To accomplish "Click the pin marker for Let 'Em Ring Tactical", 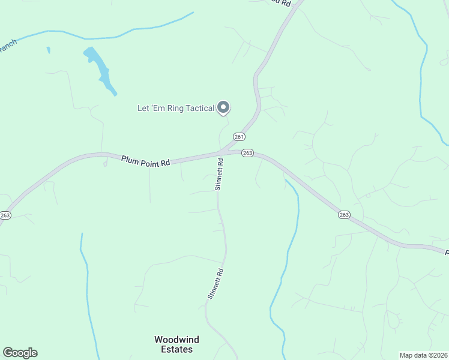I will [223, 107].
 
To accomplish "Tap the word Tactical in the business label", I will [198, 108].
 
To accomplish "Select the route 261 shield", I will [240, 137].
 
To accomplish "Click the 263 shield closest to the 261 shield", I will [247, 154].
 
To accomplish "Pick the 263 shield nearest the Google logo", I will [5, 215].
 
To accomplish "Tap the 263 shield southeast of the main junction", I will [344, 215].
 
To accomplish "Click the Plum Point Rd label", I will [146, 161].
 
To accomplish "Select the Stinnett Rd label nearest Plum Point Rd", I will [220, 174].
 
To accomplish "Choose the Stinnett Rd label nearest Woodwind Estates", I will [215, 284].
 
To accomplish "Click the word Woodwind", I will [176, 340].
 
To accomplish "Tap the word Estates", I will [176, 349].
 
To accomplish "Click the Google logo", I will [20, 353].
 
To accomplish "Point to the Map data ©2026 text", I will [423, 355].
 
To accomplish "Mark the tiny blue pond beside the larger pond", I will [48, 50].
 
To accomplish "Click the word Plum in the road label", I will [130, 160].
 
